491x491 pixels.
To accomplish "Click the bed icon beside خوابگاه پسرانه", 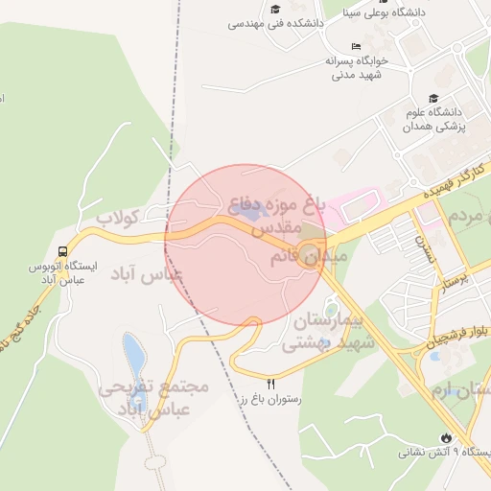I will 357,46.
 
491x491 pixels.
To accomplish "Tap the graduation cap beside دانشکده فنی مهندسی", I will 276,10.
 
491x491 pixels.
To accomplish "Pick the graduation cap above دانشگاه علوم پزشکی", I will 434,99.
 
